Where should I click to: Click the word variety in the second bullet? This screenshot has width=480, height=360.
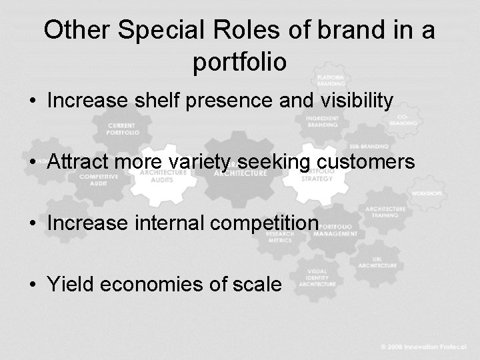200,162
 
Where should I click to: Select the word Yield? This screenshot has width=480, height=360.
70,285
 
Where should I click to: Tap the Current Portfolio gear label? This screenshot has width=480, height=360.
123,129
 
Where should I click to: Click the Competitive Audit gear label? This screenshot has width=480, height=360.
96,179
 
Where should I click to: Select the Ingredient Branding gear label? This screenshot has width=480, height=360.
323,121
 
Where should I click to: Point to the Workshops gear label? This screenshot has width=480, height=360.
427,193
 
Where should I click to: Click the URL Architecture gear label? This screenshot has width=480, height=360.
377,261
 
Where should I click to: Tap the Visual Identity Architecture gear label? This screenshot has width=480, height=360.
317,277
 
